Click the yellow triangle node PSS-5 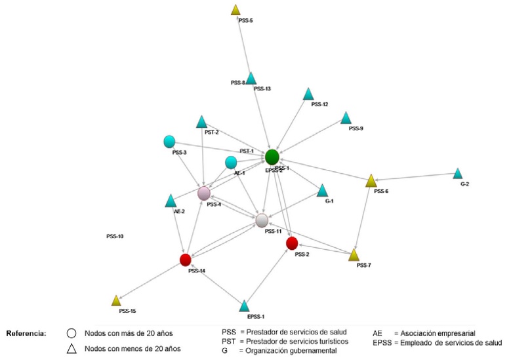236,10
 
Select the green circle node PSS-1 272,157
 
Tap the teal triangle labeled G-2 457,174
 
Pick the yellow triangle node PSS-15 116,301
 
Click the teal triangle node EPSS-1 244,306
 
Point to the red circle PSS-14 186,260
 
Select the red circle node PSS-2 293,243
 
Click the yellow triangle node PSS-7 354,255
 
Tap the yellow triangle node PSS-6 371,181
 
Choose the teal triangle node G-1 322,191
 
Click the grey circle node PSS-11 262,220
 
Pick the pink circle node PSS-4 204,193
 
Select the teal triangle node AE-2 171,201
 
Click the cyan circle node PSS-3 169,142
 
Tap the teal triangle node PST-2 202,122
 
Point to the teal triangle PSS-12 308,94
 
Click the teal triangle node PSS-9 346,118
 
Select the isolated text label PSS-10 115,236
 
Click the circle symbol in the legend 73,333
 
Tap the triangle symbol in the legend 73,348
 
